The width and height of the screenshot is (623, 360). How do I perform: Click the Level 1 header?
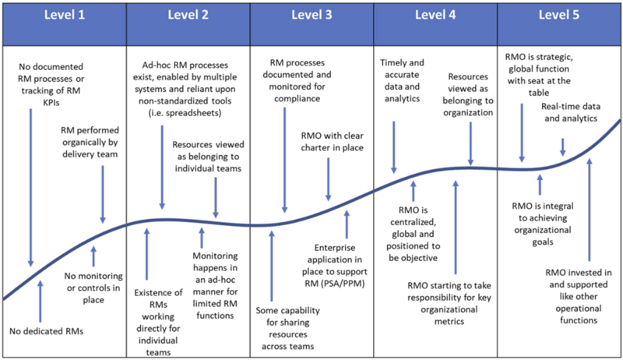click(65, 15)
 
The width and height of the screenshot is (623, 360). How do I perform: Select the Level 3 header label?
click(311, 15)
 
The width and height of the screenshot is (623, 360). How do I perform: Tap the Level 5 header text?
click(558, 15)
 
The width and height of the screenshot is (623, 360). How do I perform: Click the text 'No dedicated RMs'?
click(47, 331)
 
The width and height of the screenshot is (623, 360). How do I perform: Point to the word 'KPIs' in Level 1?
click(51, 103)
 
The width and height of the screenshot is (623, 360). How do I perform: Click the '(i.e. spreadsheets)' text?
click(185, 113)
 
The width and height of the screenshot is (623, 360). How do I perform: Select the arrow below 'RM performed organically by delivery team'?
click(103, 194)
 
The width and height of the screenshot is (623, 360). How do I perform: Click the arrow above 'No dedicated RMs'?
click(40, 301)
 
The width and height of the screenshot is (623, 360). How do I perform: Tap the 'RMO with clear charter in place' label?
click(333, 142)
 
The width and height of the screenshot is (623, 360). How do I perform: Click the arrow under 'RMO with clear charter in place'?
click(328, 179)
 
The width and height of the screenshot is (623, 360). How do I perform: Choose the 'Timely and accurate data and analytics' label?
click(402, 81)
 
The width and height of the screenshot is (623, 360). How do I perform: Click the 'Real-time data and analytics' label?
click(571, 112)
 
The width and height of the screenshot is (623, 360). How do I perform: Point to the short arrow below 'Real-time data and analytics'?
click(562, 146)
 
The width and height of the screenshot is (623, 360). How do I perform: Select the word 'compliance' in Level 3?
click(297, 98)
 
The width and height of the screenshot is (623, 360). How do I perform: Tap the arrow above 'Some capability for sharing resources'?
click(272, 266)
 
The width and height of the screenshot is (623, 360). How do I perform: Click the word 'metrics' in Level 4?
click(449, 322)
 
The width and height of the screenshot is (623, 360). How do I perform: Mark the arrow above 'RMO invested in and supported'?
click(590, 210)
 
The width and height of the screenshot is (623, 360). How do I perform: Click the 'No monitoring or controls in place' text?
click(93, 288)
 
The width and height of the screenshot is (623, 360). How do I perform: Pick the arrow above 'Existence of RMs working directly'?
click(146, 254)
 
